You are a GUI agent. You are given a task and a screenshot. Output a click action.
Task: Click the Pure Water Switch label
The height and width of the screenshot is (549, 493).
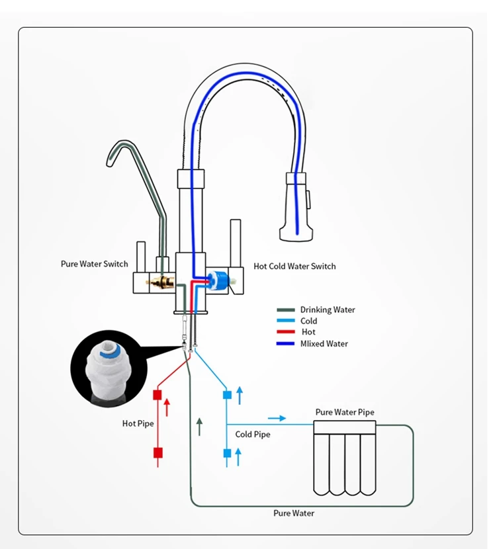(94, 264)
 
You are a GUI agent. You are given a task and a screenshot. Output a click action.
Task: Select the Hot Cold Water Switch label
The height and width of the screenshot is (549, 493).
(294, 267)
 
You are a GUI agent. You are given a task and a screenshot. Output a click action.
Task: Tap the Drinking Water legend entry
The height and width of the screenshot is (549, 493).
(327, 310)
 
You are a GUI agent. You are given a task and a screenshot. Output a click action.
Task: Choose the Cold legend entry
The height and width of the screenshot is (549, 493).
(308, 321)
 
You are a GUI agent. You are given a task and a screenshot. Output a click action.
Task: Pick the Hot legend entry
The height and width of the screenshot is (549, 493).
(308, 332)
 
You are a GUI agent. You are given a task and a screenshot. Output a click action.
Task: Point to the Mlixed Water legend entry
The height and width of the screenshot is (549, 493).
(324, 344)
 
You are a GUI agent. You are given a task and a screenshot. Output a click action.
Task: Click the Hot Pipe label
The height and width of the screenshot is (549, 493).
(138, 423)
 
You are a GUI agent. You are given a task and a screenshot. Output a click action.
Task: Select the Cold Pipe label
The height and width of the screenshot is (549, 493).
(253, 435)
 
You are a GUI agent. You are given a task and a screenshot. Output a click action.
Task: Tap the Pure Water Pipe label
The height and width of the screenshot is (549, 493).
(345, 412)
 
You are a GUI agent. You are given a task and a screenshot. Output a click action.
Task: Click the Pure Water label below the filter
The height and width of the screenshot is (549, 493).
(294, 513)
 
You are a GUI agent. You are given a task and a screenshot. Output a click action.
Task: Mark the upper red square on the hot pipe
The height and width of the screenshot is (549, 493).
(157, 395)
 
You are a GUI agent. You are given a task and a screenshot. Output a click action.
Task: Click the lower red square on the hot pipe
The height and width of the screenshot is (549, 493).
(157, 453)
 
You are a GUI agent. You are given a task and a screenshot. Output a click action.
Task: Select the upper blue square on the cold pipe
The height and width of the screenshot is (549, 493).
(227, 395)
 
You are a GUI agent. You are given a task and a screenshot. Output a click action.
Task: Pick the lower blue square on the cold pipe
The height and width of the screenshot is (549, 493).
(227, 453)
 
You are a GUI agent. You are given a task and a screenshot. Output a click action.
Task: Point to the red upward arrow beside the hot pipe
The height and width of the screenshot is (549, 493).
(167, 407)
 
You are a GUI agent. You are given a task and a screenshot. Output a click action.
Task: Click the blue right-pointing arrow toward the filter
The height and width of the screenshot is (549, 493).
(277, 418)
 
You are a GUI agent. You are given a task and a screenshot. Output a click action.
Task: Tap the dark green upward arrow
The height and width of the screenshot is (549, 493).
(199, 426)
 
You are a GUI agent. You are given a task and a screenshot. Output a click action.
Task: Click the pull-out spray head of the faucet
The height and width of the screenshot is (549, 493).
(295, 205)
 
